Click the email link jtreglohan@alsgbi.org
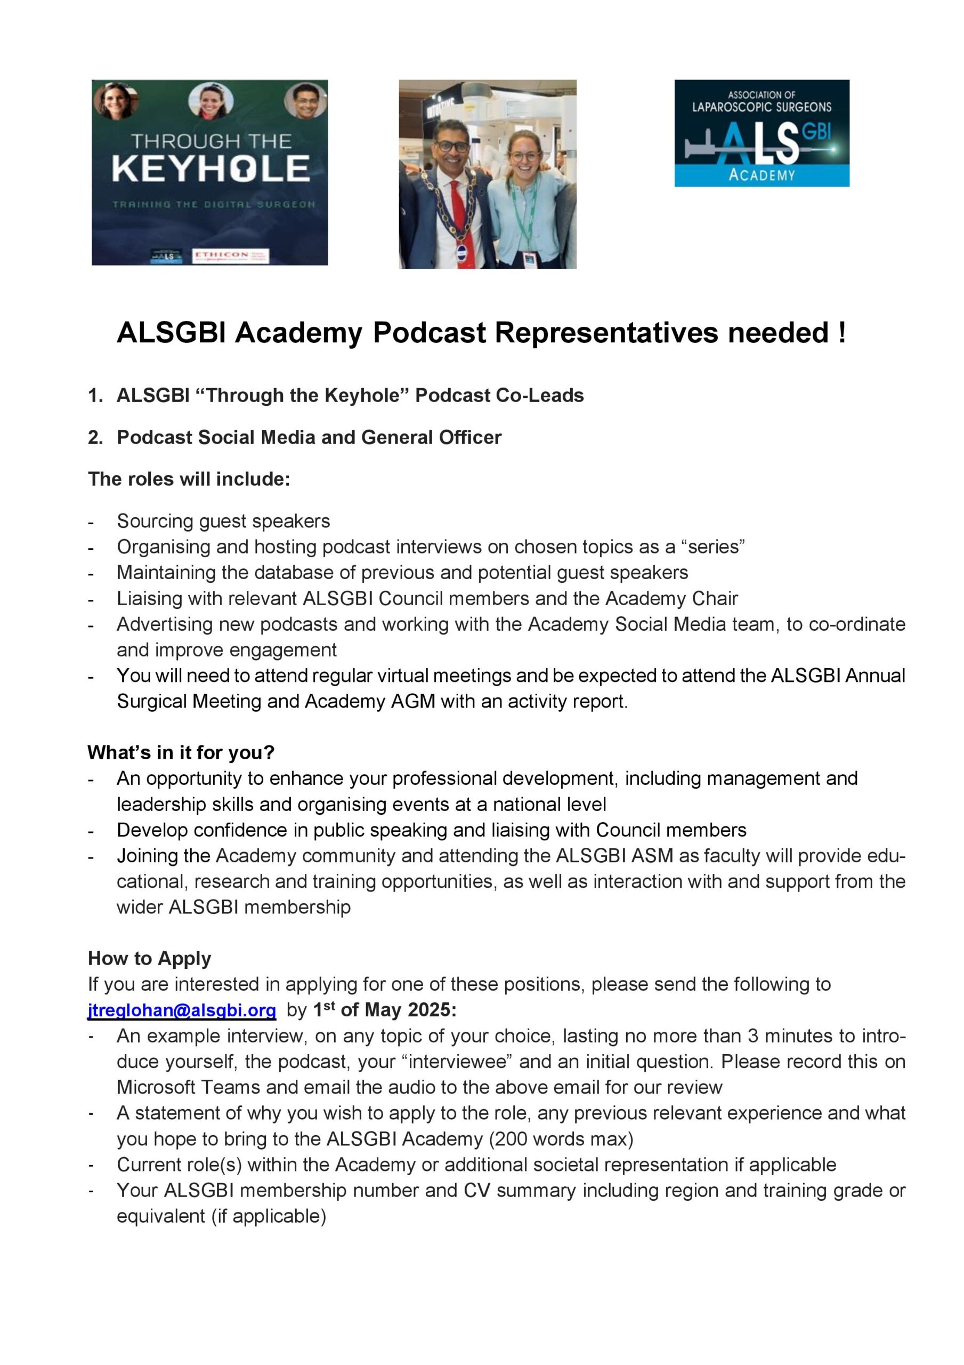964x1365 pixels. coord(182,1010)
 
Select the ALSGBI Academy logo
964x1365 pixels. coord(762,133)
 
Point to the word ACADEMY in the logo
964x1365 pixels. coord(762,175)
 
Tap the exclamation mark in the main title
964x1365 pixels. coord(842,332)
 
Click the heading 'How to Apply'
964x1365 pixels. coord(149,958)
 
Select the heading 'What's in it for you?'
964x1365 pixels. coord(181,753)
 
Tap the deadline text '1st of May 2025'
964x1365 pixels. coord(385,1010)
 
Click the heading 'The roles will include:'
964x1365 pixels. coord(189,479)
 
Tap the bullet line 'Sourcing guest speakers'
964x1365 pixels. coord(223,521)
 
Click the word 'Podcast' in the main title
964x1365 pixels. coord(429,332)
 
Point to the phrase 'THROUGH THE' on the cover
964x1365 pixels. coord(211,141)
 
